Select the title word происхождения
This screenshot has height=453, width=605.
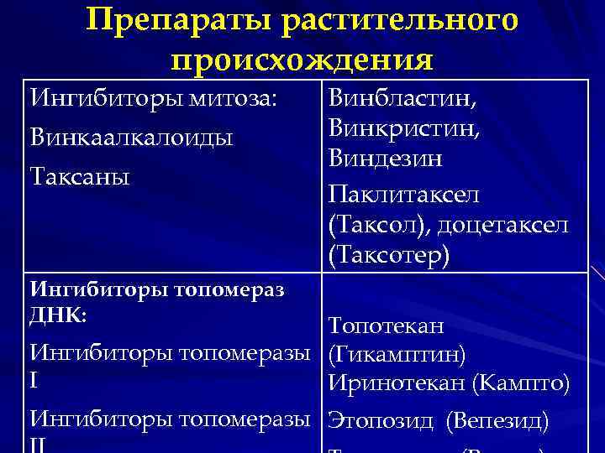[302, 60]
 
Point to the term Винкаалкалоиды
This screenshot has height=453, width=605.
[131, 137]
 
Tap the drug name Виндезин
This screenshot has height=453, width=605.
[386, 159]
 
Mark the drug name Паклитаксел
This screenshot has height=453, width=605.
[404, 195]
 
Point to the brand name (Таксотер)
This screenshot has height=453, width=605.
[390, 255]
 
